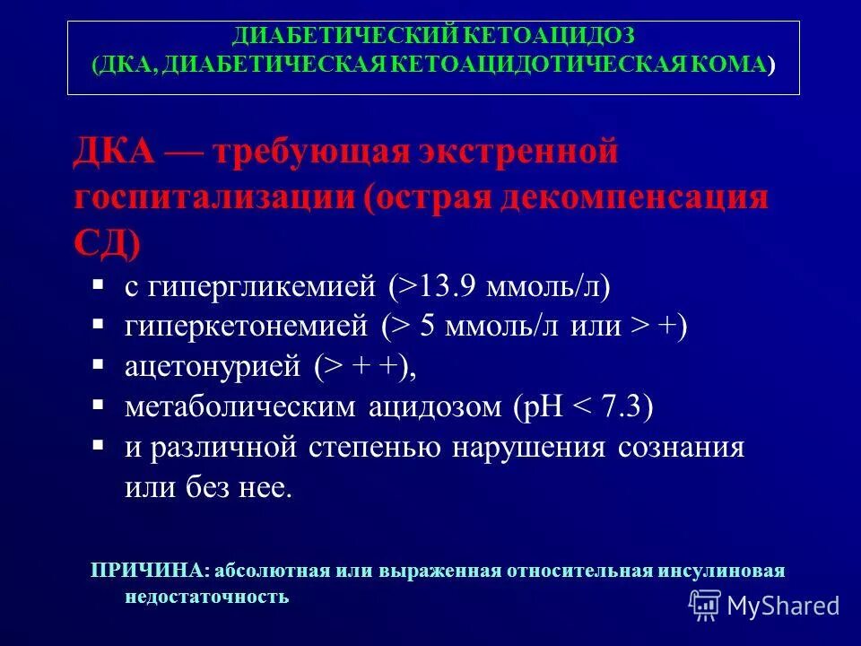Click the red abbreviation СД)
click(107, 240)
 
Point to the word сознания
click(681, 448)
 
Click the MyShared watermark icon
click(705, 605)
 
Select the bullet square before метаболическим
click(99, 404)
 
